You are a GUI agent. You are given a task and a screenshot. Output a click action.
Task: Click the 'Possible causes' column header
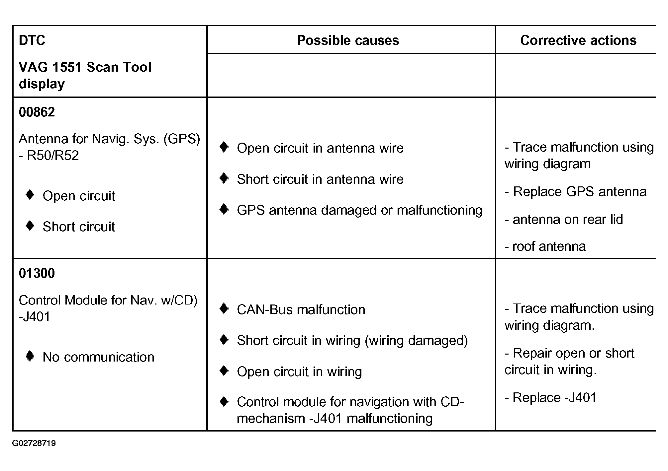348,40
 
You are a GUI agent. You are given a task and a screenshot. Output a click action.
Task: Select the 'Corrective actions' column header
578,40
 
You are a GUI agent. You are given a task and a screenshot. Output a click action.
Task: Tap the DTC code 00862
37,112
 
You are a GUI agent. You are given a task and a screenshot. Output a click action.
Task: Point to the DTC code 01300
37,273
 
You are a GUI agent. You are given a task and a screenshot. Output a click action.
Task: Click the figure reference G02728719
34,443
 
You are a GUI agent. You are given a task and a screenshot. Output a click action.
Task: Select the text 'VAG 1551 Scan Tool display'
85,75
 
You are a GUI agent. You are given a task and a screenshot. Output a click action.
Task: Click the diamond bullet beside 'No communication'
30,357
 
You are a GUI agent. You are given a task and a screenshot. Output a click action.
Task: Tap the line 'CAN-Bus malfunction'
301,310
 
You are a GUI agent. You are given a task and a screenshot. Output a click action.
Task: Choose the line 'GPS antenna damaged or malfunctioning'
359,210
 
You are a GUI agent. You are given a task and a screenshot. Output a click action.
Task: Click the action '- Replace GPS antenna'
575,192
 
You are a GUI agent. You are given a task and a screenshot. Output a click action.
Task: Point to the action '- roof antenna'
545,246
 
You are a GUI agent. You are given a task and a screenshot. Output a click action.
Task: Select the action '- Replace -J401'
550,398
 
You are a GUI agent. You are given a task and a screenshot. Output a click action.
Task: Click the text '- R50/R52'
49,156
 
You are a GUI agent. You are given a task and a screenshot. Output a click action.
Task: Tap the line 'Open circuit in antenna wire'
320,148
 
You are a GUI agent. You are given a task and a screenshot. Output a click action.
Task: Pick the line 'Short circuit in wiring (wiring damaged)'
352,341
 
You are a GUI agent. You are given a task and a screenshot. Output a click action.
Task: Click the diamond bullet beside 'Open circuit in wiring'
224,371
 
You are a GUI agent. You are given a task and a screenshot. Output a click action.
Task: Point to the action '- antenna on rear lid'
564,220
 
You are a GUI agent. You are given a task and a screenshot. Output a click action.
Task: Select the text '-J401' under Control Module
35,317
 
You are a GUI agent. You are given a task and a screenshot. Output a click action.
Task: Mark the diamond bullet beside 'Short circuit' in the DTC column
30,226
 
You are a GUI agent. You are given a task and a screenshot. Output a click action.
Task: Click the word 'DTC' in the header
32,40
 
